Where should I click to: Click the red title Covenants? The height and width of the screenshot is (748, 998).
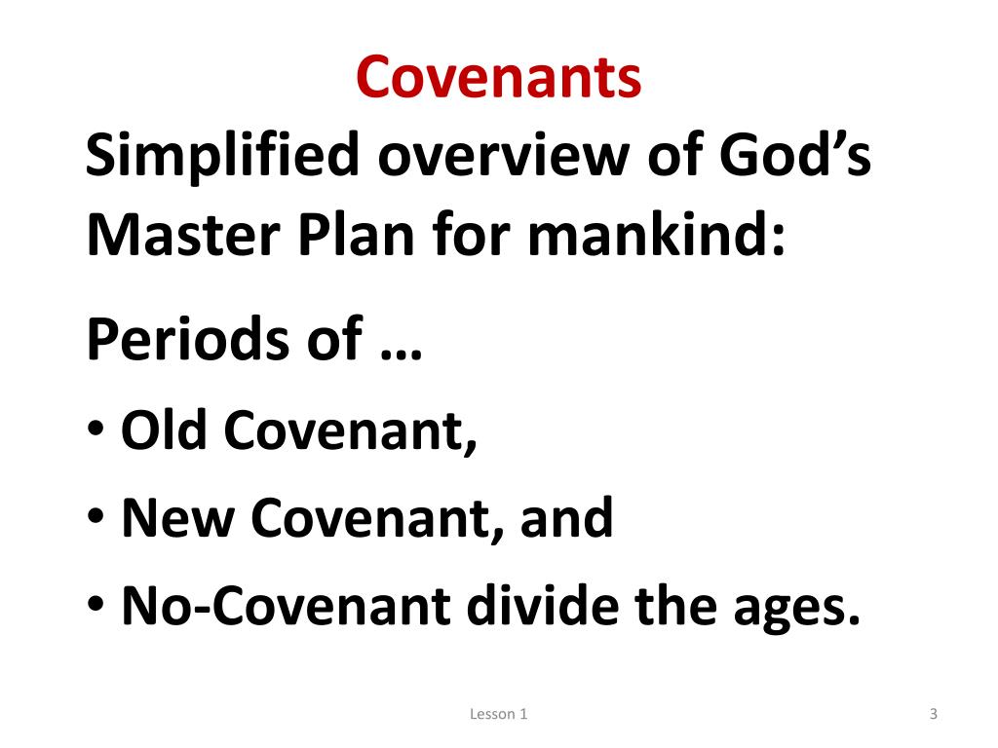498,78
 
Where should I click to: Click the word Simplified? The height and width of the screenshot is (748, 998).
223,157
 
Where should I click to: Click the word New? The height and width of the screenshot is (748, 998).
176,518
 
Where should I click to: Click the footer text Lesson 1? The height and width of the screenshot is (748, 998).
498,715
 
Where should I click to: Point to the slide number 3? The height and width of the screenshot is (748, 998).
933,715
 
